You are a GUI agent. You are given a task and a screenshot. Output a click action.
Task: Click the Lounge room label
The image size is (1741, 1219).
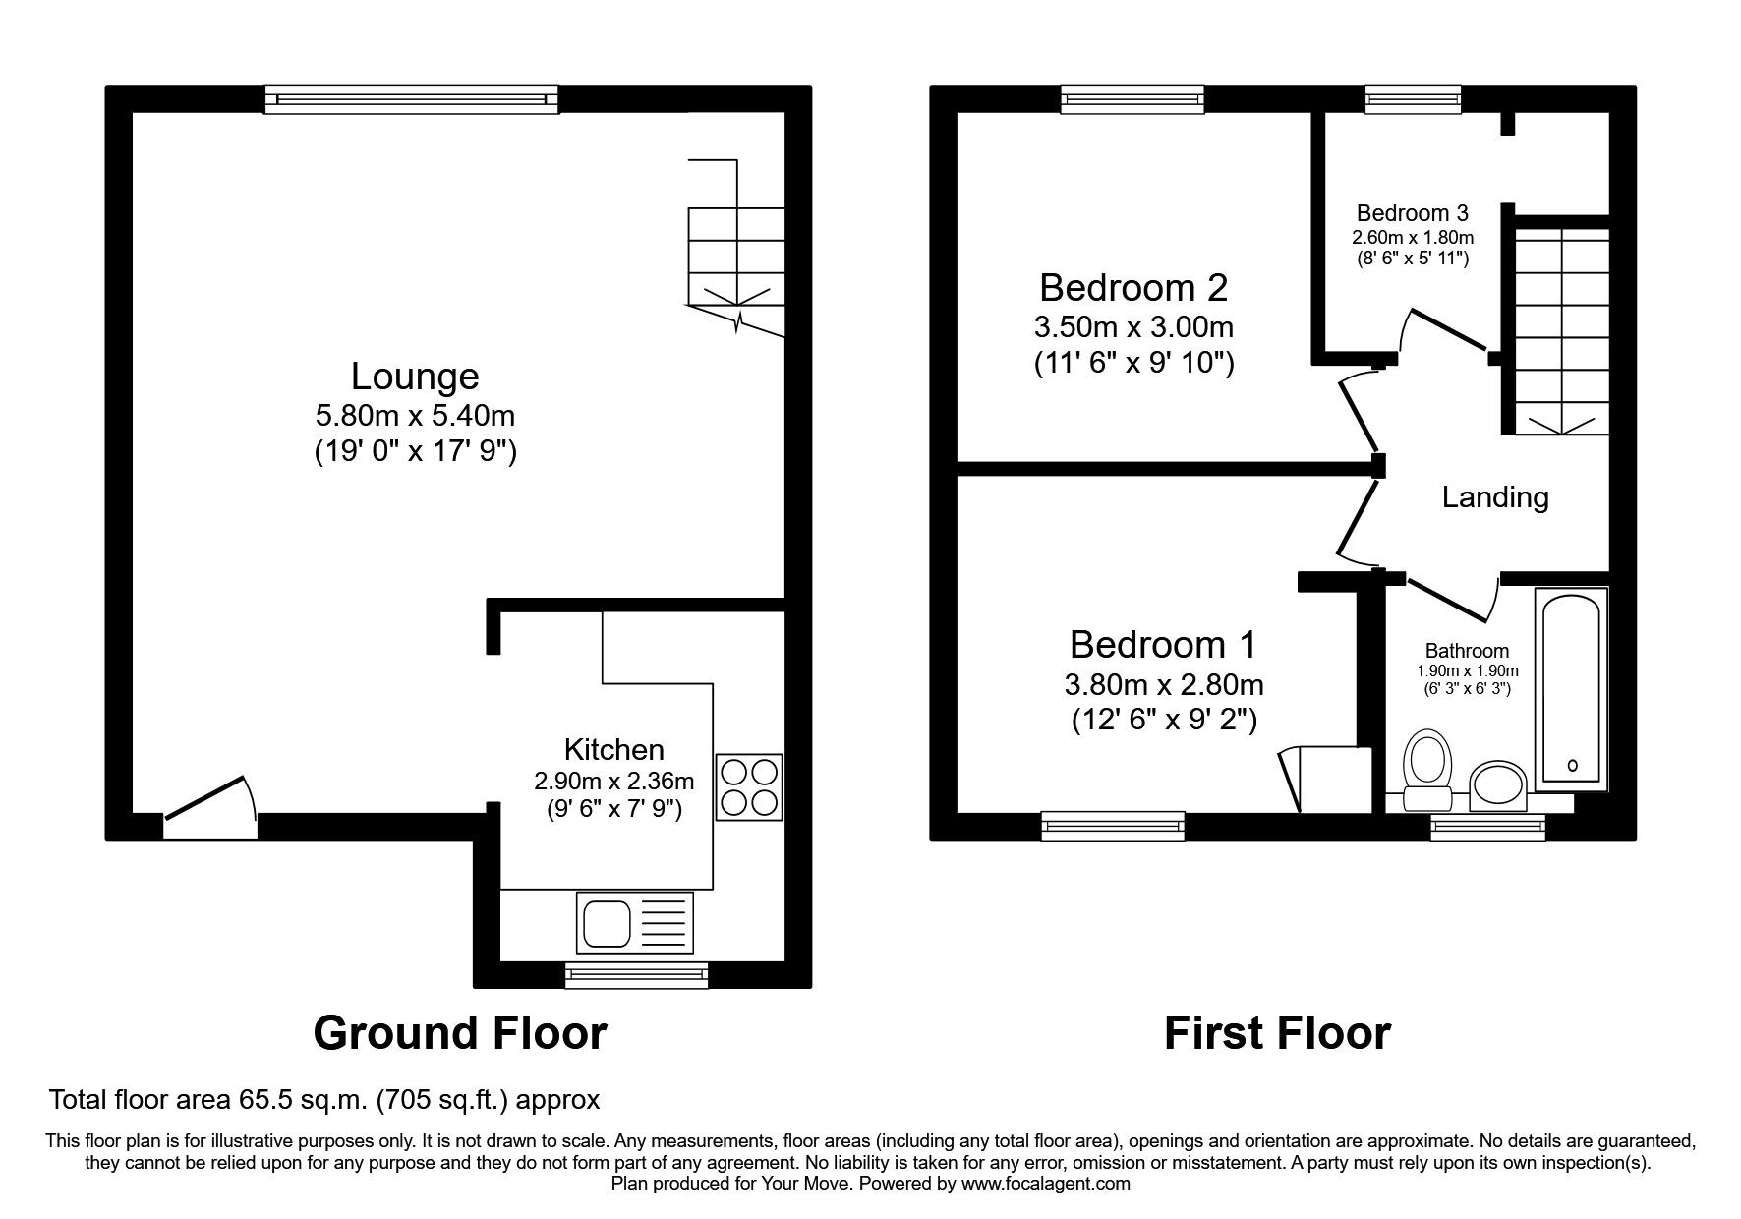click(415, 377)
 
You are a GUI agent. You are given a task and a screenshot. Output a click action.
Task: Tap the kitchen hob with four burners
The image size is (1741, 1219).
click(749, 786)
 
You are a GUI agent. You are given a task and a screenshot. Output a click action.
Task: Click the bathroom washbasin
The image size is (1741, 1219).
click(1496, 785)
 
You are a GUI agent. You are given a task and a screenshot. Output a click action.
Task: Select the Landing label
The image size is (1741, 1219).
click(1494, 497)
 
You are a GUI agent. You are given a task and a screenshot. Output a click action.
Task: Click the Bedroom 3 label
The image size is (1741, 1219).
click(1412, 213)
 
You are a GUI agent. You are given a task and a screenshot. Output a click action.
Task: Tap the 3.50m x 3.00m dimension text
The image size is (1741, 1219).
click(1133, 326)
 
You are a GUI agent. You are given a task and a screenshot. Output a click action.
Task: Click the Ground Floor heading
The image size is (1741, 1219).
click(460, 1033)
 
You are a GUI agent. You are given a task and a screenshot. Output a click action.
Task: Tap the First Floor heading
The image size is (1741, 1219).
click(1276, 1033)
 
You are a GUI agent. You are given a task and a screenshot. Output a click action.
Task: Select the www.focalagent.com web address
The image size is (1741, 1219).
click(1045, 1184)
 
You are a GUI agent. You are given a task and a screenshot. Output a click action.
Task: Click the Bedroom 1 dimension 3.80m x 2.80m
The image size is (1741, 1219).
click(1163, 683)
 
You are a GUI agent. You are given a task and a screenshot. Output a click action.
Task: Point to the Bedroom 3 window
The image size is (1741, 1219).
click(1413, 97)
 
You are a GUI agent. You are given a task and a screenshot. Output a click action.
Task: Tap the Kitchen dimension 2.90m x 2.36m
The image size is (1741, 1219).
click(613, 782)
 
